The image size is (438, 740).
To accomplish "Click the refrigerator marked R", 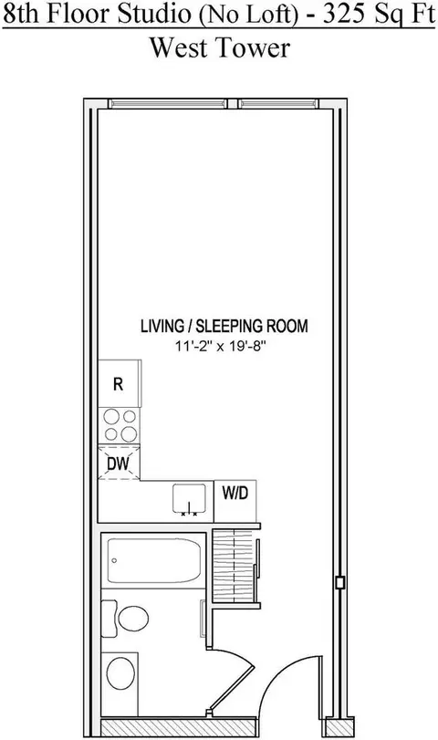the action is pos(120,383).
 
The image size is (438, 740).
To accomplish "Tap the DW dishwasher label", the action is pos(118,464).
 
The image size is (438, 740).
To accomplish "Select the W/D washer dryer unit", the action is pos(235,501).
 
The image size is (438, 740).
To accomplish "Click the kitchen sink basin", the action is pos(189,498).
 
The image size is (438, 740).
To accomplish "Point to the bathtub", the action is pos(154,560).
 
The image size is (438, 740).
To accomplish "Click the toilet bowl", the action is pos(133,619).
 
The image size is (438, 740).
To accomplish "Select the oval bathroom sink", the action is pos(120,673).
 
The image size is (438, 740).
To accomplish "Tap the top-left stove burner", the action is pos(111,417).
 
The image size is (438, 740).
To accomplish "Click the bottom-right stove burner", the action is pos(129,433).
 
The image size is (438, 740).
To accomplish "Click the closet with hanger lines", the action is pos(235,566).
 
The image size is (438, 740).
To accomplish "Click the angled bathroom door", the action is pos(231,683).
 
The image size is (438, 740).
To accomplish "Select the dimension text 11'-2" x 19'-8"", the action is pos(222,347).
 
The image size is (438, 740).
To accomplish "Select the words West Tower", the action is pos(220,47).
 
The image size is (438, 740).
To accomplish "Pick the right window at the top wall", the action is pos(277,103).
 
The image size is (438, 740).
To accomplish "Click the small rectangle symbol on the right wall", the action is pos(339,582).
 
